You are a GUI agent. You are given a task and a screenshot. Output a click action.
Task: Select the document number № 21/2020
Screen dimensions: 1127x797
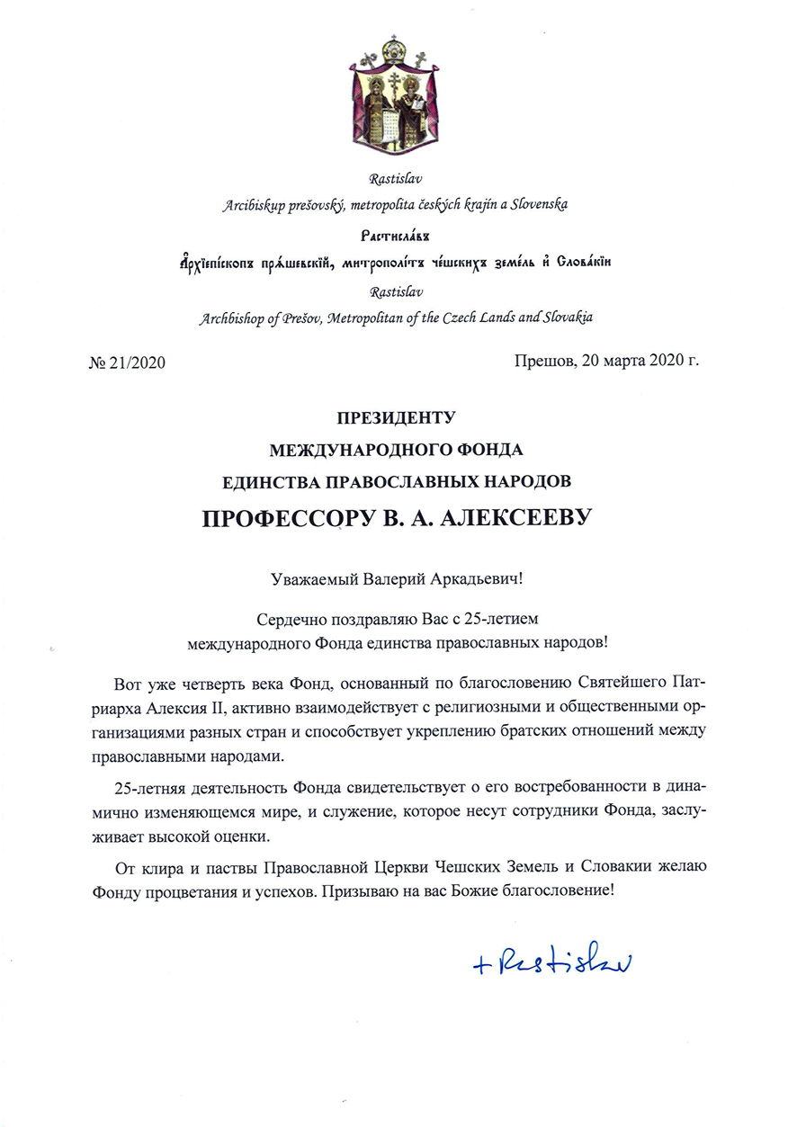pyautogui.click(x=128, y=362)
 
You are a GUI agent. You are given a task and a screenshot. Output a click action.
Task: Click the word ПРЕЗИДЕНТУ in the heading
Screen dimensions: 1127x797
pyautogui.click(x=397, y=417)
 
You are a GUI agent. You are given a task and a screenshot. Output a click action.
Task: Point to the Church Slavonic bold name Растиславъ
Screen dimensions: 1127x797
pyautogui.click(x=397, y=235)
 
